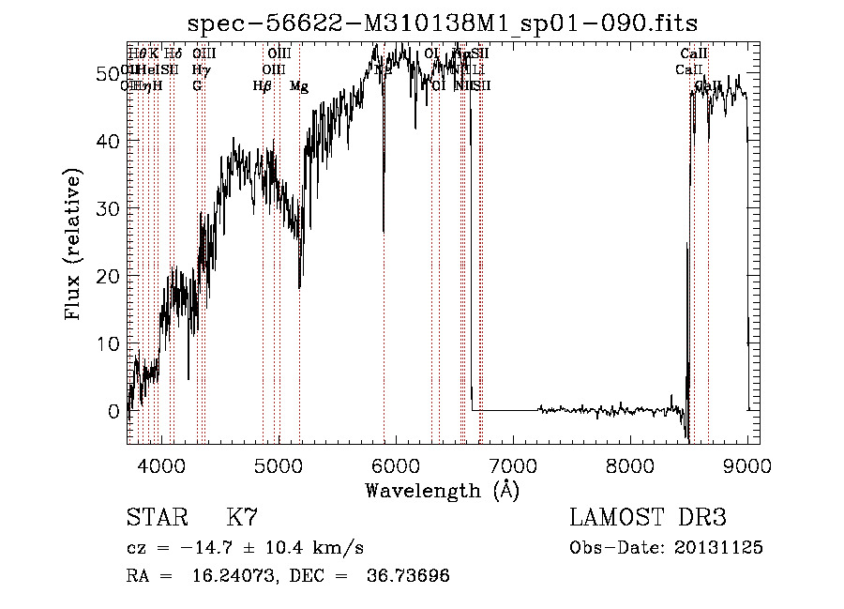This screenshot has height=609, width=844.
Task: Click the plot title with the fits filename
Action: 442,23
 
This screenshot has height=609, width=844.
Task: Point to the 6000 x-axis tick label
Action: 396,464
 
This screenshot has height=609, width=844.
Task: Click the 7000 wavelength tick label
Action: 513,464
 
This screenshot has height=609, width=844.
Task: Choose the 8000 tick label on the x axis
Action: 630,464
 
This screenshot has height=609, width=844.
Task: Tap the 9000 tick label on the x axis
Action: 747,464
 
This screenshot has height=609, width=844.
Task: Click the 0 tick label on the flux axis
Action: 114,411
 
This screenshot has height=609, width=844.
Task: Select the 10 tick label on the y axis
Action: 110,343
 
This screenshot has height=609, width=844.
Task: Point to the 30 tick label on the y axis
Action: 110,208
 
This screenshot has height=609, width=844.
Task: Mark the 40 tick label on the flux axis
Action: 110,141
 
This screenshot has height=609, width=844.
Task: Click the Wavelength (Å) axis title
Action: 442,490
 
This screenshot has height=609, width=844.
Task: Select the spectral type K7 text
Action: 242,518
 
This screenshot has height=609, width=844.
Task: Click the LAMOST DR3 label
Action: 648,518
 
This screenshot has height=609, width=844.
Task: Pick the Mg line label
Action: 298,86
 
